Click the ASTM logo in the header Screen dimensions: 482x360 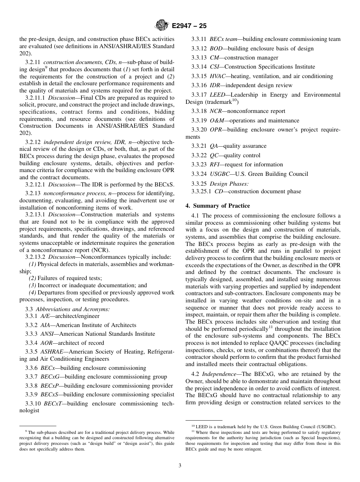(x=162, y=26)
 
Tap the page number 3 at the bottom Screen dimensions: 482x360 (x=180, y=466)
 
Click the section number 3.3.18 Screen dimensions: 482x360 (x=199, y=111)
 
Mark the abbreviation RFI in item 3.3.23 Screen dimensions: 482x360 (x=214, y=164)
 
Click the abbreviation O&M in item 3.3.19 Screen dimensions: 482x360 (x=217, y=121)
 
